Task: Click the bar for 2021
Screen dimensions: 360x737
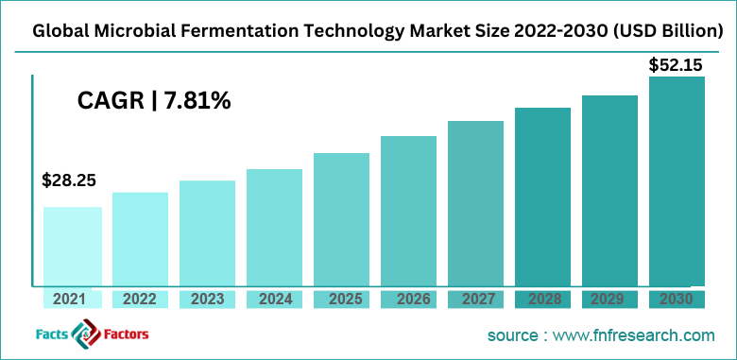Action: pos(73,246)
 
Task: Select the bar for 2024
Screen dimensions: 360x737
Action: pos(274,227)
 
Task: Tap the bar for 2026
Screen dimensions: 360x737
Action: pos(408,210)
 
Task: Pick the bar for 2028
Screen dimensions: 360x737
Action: pos(542,196)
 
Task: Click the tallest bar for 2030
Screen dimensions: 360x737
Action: pos(677,180)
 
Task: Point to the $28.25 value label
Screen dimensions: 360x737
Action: pos(69,180)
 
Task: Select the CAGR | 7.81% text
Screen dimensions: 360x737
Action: pos(154,100)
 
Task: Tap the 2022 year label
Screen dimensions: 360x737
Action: pos(140,300)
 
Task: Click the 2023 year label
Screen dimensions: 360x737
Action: pos(207,300)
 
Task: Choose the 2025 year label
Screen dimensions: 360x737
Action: pos(341,300)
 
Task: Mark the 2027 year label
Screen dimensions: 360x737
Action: pos(475,300)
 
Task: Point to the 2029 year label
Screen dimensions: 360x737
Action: pos(609,300)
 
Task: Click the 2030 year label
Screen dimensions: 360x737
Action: pos(677,300)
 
